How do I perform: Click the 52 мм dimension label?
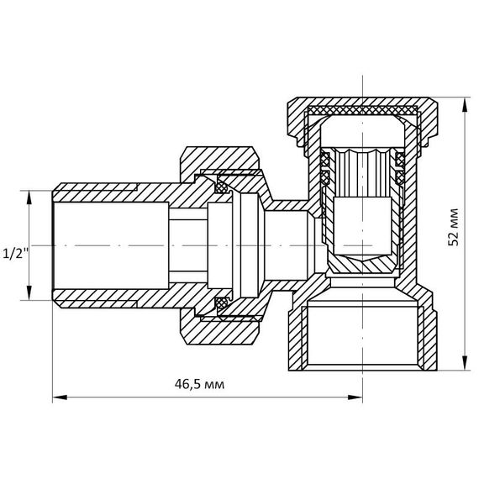[x=453, y=227]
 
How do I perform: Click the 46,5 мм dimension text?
[x=199, y=384]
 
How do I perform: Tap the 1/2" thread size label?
[x=14, y=254]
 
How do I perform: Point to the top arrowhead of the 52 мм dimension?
[x=465, y=105]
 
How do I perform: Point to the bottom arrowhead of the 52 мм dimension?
[x=465, y=363]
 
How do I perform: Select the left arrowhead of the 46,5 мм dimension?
[x=60, y=397]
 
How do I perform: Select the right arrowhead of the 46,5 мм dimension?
[x=355, y=397]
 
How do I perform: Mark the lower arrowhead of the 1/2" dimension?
[x=29, y=293]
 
